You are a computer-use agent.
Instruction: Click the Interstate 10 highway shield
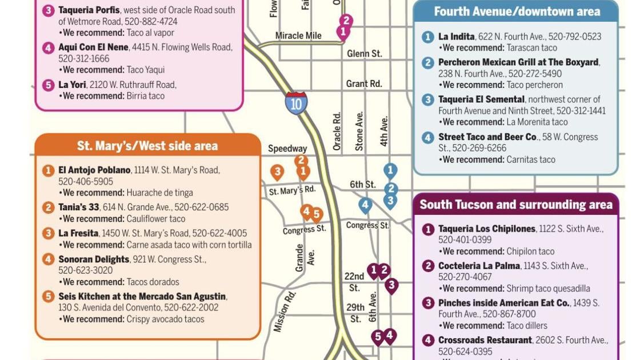(296, 103)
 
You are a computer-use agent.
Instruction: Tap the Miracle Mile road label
(298, 35)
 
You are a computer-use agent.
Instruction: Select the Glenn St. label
(364, 54)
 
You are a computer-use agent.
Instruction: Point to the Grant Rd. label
(363, 83)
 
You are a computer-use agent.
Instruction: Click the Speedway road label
(287, 149)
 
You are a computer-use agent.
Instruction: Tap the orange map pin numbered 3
(277, 171)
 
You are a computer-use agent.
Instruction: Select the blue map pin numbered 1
(390, 170)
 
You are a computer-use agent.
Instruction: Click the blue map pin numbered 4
(365, 205)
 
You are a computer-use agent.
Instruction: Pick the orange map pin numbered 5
(316, 215)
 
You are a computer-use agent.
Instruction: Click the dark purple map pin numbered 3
(391, 285)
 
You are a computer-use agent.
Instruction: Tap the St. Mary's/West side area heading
(147, 146)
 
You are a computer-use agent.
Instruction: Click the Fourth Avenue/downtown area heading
(517, 11)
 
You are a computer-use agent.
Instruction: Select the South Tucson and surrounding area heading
(515, 205)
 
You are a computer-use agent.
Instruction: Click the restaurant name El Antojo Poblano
(94, 170)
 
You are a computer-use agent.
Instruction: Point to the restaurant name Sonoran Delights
(94, 259)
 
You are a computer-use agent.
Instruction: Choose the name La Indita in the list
(456, 37)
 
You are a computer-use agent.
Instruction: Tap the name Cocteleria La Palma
(479, 266)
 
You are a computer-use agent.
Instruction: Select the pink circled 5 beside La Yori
(49, 85)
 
